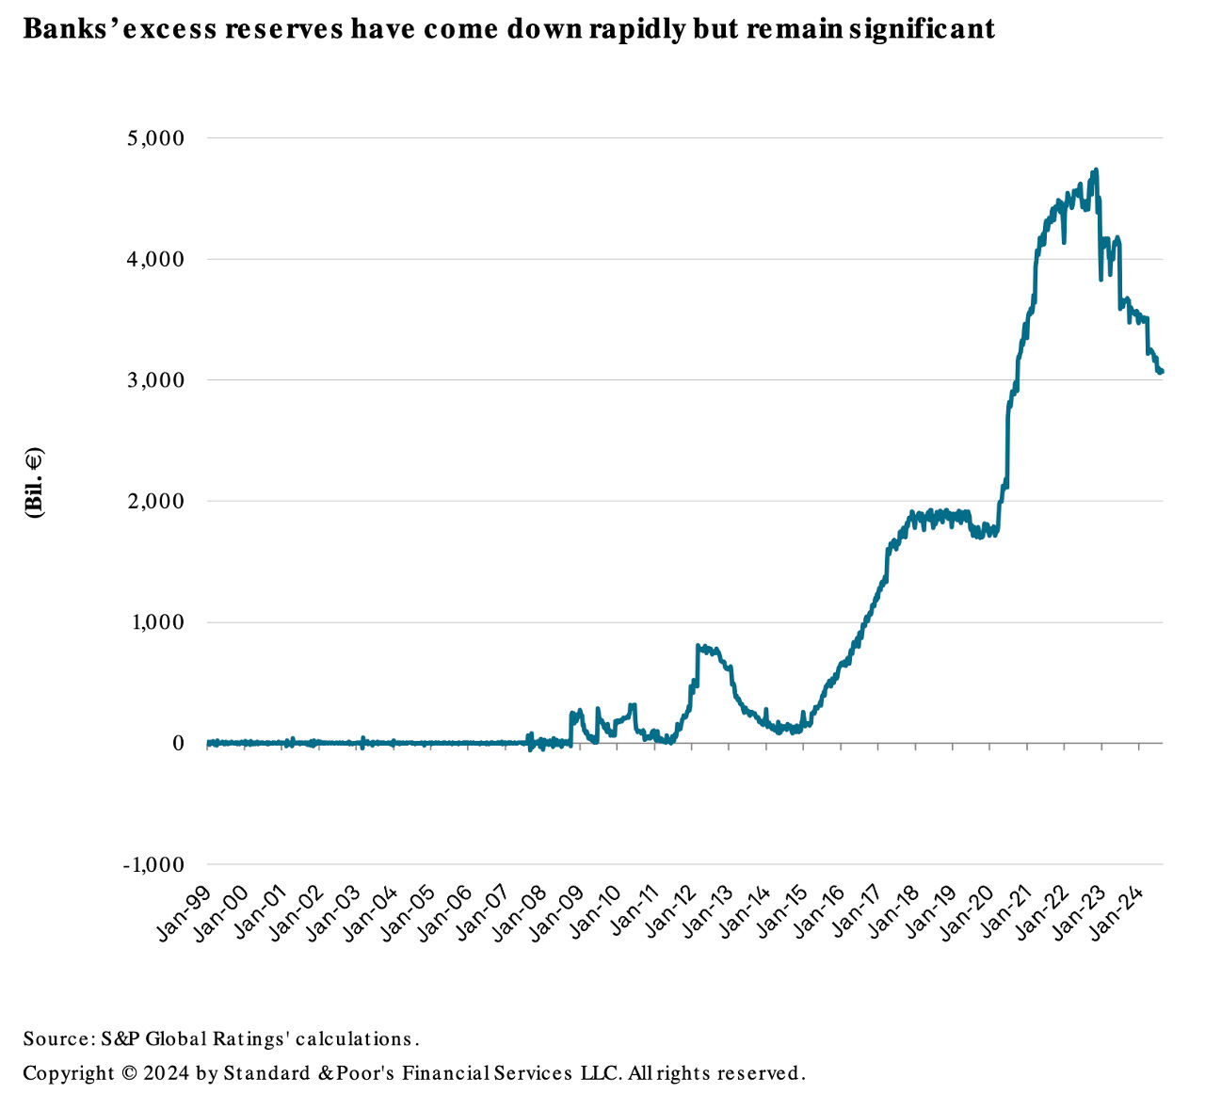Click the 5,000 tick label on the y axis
[x=156, y=138]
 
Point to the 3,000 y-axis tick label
[x=156, y=380]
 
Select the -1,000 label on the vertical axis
[x=153, y=865]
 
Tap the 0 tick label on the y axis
[x=176, y=744]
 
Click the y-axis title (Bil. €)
[x=35, y=482]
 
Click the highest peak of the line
[x=1097, y=170]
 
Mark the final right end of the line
[x=1162, y=371]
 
